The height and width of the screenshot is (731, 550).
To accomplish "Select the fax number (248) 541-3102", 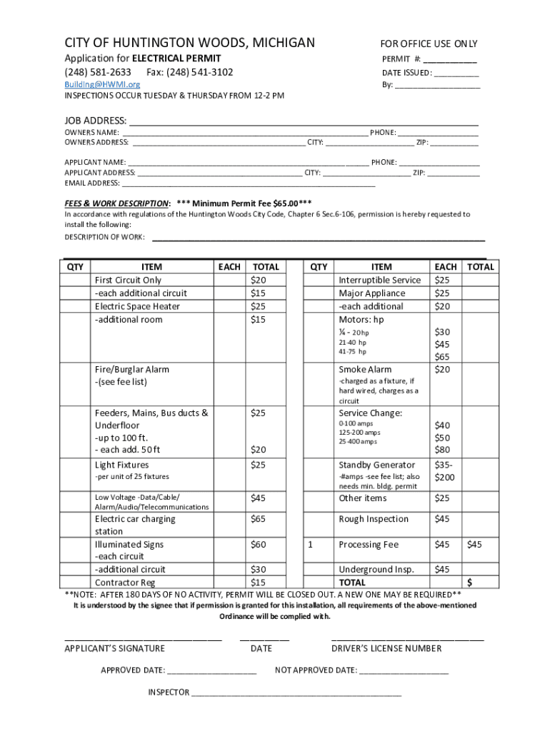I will point(189,72).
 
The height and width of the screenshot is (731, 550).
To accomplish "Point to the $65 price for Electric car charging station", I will point(258,519).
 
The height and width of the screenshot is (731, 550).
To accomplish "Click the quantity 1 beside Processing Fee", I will point(311,545).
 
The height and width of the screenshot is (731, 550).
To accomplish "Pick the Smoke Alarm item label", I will point(365,369).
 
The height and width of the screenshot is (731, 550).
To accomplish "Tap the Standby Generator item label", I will point(376,465).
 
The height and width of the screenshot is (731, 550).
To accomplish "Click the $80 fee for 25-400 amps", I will point(442,450).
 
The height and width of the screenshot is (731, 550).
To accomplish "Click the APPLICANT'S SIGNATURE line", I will point(143,637).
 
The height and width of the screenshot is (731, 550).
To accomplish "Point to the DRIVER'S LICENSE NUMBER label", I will point(386,648).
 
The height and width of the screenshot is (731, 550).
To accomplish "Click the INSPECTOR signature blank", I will point(296,692).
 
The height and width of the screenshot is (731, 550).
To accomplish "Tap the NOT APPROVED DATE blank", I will point(404,670).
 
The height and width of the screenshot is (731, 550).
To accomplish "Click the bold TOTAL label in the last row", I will point(352,583).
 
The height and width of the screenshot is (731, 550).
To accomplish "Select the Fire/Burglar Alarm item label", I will point(131,369).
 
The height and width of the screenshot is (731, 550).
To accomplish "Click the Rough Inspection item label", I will point(374,519).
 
